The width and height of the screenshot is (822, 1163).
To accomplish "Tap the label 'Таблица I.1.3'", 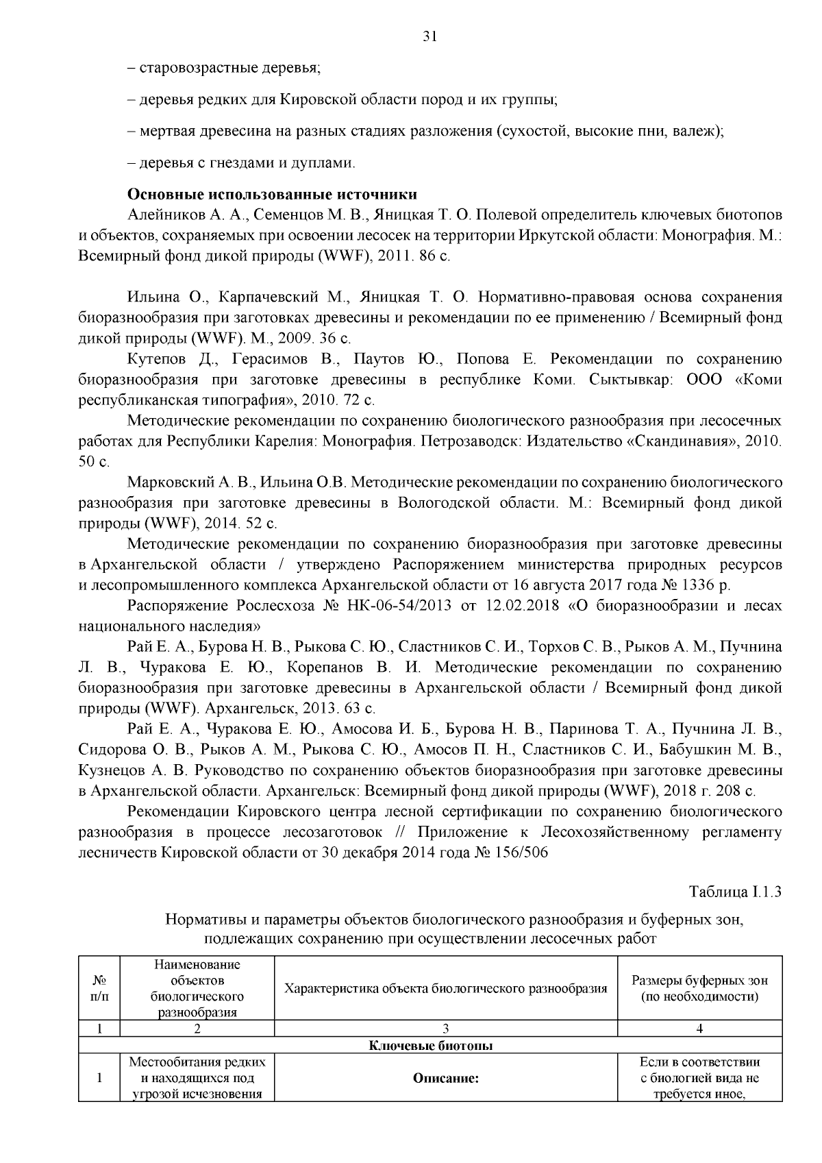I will pos(735,892).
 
